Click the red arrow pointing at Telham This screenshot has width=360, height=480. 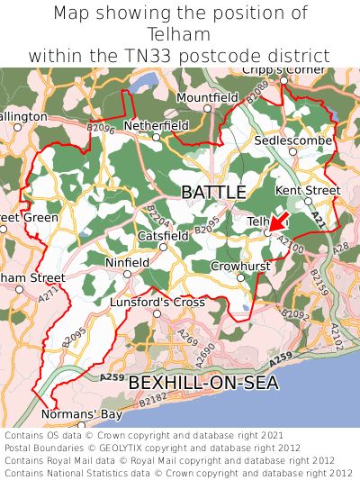[279, 221]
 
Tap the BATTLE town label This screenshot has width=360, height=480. [213, 192]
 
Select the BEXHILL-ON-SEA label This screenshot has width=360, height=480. [203, 383]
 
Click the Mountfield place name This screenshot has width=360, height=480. [207, 97]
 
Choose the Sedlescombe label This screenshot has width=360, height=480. [287, 141]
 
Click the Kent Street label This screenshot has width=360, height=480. [308, 190]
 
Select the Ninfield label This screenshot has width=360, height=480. [127, 263]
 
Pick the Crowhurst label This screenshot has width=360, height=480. [240, 267]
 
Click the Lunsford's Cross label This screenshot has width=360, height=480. [157, 303]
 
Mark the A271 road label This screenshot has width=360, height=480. [50, 294]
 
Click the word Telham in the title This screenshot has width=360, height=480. [180, 34]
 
